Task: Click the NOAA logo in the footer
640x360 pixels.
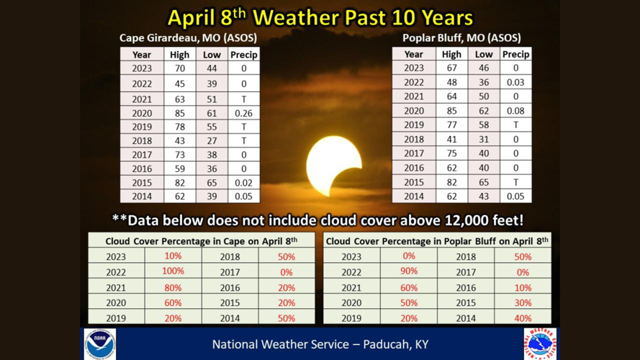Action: click(100, 344)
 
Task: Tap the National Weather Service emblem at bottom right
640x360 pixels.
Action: click(540, 343)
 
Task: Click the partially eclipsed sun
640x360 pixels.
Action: click(333, 166)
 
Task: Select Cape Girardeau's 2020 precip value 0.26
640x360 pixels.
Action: click(243, 113)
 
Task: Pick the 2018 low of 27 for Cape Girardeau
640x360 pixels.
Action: click(212, 141)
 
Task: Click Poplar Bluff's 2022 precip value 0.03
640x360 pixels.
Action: click(515, 83)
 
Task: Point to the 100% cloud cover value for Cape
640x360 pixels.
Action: click(173, 271)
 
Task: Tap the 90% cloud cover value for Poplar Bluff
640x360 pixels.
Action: click(409, 271)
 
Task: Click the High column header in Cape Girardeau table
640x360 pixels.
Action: click(179, 55)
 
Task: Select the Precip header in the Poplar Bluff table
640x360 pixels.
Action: click(516, 54)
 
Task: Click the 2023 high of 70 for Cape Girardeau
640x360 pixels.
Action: click(179, 68)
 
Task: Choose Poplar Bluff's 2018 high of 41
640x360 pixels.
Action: click(451, 140)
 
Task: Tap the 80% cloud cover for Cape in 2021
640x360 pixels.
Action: click(173, 288)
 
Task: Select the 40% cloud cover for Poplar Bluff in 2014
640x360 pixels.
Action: click(523, 318)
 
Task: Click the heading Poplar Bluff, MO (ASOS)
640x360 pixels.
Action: click(461, 38)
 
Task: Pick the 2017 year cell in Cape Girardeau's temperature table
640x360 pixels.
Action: click(142, 155)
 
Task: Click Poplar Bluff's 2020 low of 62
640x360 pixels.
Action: click(484, 111)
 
